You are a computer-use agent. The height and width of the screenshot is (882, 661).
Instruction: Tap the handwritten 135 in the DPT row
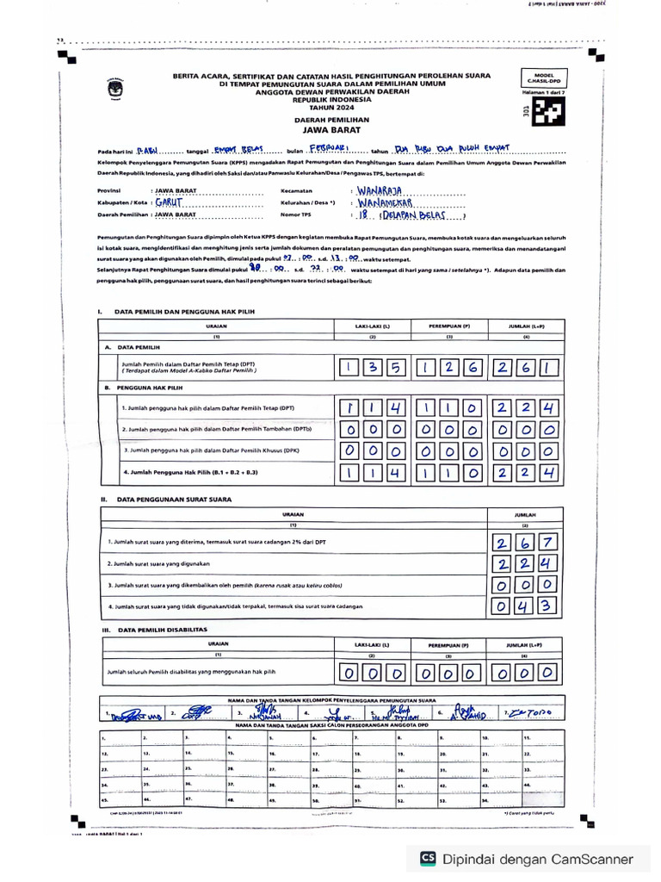(371, 369)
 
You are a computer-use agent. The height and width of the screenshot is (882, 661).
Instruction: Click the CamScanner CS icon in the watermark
(428, 858)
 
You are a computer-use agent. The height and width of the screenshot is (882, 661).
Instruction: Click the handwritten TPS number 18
(363, 217)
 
